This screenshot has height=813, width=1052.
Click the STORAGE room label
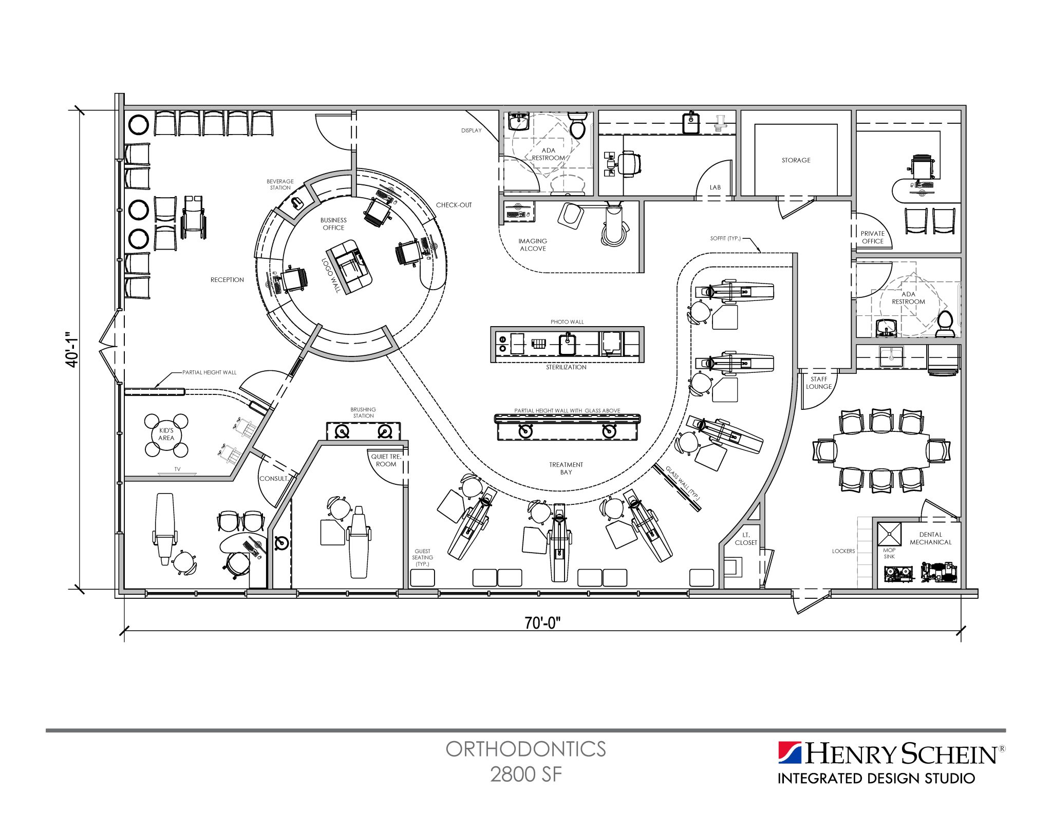tap(796, 160)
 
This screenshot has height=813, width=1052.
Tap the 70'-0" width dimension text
tap(542, 622)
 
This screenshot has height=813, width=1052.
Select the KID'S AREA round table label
tap(166, 434)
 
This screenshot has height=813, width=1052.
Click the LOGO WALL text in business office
tap(331, 275)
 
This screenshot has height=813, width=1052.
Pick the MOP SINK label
tap(889, 553)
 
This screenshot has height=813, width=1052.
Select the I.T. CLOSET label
tap(746, 539)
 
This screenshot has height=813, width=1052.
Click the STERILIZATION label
tap(566, 367)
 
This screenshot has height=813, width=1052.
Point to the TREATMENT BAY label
tap(566, 468)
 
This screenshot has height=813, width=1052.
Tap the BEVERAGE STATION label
tap(280, 184)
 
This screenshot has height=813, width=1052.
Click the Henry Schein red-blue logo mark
tap(790, 753)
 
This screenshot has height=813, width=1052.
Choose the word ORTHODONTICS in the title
tap(525, 749)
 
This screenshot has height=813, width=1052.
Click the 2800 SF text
tap(525, 774)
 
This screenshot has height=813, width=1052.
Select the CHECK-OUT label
tap(454, 205)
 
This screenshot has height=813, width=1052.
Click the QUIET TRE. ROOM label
tap(386, 460)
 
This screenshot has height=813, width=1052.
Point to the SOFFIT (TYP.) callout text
tap(725, 238)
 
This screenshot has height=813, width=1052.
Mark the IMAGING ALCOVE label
tap(533, 244)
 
